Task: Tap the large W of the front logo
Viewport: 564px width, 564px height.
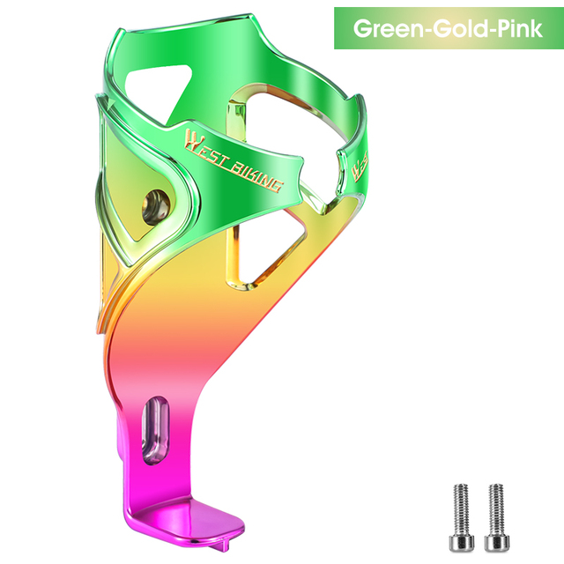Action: point(192,140)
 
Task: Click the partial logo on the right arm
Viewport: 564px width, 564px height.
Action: point(361,167)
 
